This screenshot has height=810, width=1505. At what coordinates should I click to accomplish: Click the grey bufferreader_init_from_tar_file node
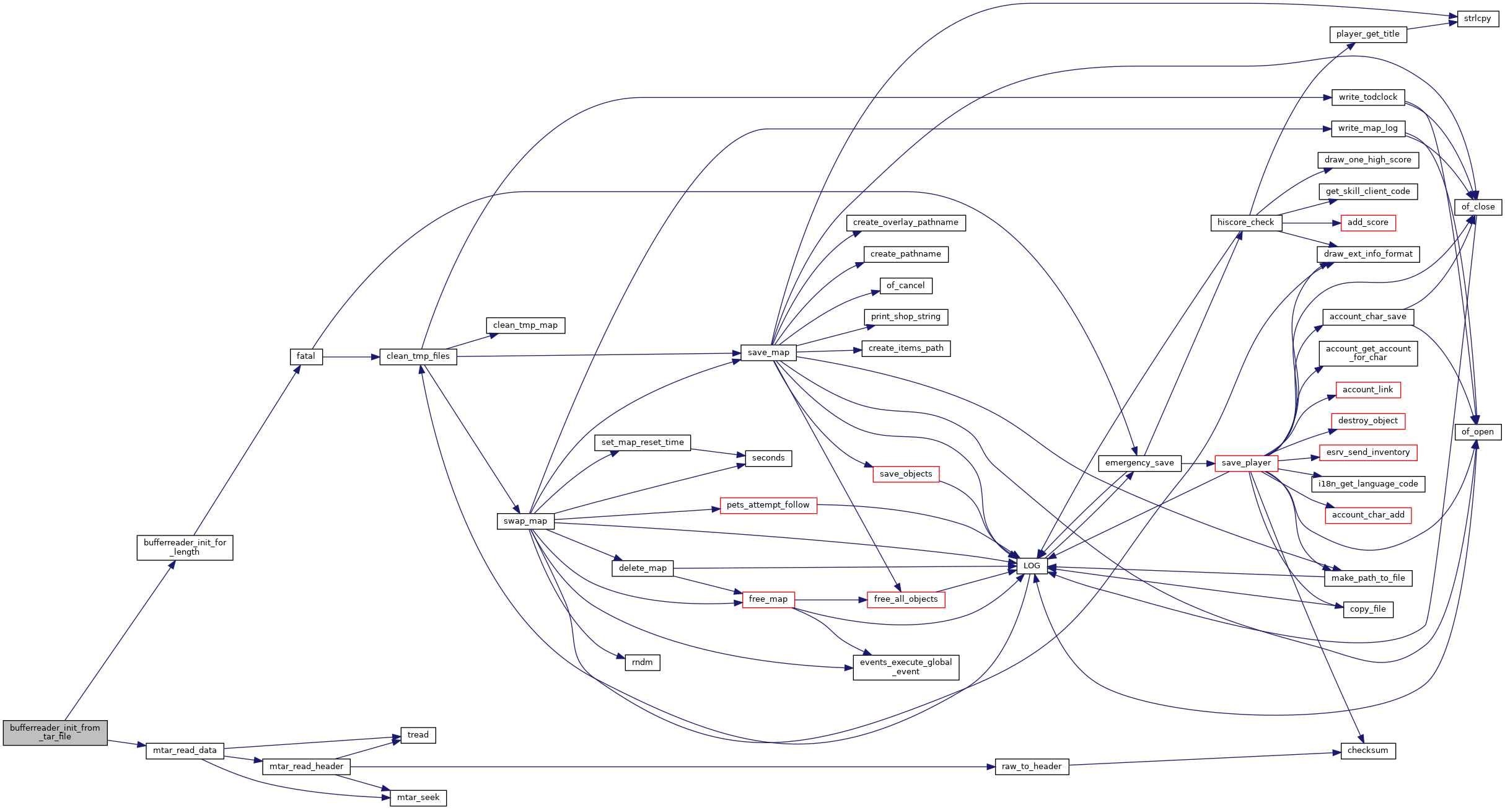pyautogui.click(x=55, y=733)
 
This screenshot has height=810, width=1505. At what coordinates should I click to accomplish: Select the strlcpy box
pyautogui.click(x=1478, y=19)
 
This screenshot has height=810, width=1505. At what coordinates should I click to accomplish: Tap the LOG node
pyautogui.click(x=1032, y=566)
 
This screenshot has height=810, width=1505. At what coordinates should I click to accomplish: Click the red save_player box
pyautogui.click(x=1246, y=463)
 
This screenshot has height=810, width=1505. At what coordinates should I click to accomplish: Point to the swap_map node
pyautogui.click(x=525, y=521)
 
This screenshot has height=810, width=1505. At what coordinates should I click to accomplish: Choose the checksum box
pyautogui.click(x=1368, y=751)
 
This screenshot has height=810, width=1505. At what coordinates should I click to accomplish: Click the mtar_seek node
pyautogui.click(x=418, y=798)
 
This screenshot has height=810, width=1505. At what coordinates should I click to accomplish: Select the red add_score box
pyautogui.click(x=1368, y=222)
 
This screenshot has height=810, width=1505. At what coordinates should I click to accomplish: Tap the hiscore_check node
pyautogui.click(x=1246, y=222)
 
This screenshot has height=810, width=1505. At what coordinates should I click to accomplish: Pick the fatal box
pyautogui.click(x=306, y=356)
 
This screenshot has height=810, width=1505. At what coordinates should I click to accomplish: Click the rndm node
pyautogui.click(x=643, y=663)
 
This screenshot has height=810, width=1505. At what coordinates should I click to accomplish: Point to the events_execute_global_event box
pyautogui.click(x=906, y=667)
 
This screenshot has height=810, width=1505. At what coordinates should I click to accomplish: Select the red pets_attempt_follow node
pyautogui.click(x=768, y=505)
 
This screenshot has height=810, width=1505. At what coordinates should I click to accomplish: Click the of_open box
pyautogui.click(x=1478, y=432)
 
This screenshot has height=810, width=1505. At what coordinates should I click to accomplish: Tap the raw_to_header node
pyautogui.click(x=1032, y=767)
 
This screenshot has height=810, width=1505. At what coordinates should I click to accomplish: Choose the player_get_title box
pyautogui.click(x=1368, y=34)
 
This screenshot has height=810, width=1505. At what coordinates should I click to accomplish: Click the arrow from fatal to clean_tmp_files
pyautogui.click(x=351, y=357)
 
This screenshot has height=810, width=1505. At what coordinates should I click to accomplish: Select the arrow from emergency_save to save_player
pyautogui.click(x=1198, y=463)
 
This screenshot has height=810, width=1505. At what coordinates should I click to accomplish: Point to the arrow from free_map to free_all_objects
pyautogui.click(x=831, y=600)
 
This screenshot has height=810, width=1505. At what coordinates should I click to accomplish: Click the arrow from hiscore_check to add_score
pyautogui.click(x=1311, y=222)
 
